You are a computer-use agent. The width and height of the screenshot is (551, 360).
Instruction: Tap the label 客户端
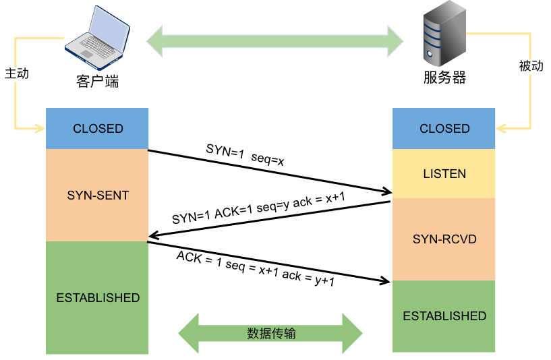(x=98, y=82)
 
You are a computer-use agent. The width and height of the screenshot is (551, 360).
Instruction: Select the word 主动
(x=17, y=73)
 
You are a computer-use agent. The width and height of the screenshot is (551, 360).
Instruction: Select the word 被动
(x=531, y=66)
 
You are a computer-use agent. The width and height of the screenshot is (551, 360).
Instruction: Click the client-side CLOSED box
(x=98, y=129)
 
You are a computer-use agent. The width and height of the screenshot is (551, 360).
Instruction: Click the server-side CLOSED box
(x=444, y=129)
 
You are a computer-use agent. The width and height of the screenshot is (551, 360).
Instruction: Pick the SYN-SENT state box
(x=98, y=196)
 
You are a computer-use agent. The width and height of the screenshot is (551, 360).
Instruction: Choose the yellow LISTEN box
(x=444, y=174)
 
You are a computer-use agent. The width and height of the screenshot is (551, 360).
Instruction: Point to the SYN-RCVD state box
(x=444, y=239)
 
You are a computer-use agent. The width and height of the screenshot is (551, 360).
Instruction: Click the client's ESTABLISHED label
(x=98, y=298)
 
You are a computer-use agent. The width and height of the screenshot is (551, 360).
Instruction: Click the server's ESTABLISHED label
(x=444, y=316)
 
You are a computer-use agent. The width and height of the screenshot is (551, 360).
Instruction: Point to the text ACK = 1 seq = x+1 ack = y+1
(x=256, y=268)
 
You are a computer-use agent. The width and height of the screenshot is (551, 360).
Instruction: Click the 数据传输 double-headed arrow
(x=270, y=333)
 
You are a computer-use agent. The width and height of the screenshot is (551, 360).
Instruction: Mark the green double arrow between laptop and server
(x=275, y=40)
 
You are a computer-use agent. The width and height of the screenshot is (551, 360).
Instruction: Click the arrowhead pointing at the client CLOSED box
(x=38, y=128)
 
